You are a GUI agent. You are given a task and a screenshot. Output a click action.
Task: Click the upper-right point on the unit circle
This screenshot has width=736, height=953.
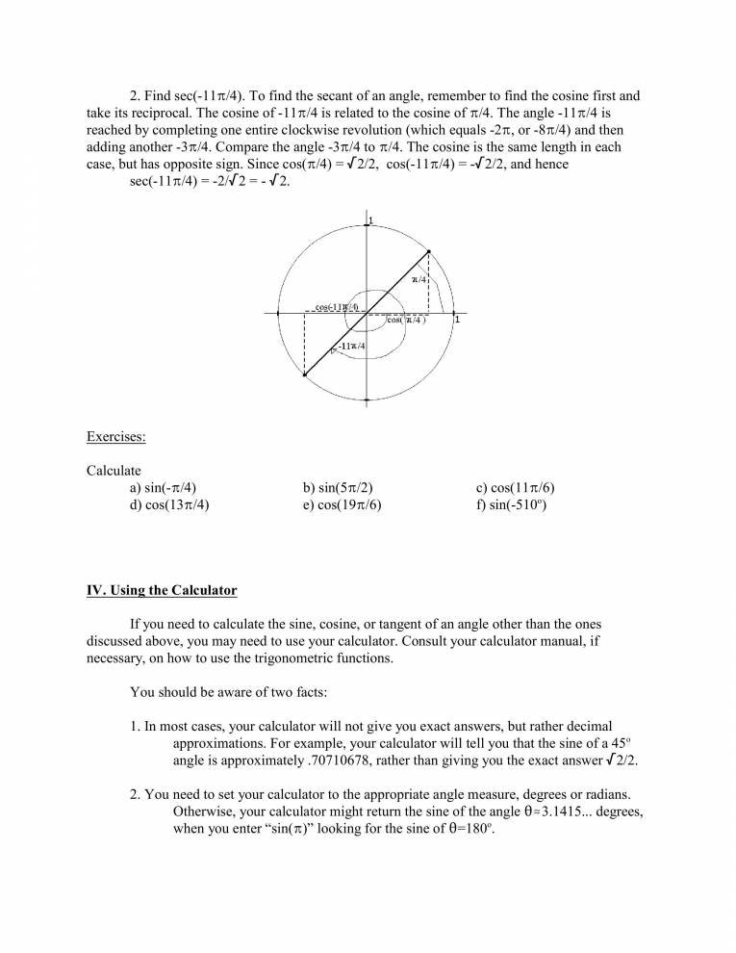pyautogui.click(x=428, y=251)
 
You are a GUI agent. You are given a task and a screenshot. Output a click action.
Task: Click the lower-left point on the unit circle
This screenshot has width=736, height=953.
pyautogui.click(x=304, y=376)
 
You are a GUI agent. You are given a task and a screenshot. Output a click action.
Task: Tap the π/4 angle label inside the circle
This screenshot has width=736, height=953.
pyautogui.click(x=419, y=279)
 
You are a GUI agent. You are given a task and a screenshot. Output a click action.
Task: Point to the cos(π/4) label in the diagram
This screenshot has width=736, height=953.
pyautogui.click(x=406, y=321)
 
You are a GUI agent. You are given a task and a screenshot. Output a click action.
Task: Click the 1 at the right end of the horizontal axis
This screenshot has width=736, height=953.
pyautogui.click(x=457, y=321)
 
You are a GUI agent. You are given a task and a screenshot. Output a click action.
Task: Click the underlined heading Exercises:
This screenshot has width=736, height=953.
pyautogui.click(x=116, y=437)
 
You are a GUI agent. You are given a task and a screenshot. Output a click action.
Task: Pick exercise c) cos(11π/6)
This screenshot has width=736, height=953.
pyautogui.click(x=516, y=487)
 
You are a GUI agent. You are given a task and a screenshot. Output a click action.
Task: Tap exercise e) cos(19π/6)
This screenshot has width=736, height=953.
pyautogui.click(x=342, y=503)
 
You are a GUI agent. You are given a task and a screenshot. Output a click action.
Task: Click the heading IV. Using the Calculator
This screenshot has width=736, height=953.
pyautogui.click(x=162, y=589)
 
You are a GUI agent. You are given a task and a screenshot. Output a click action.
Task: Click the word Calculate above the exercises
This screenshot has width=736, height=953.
pyautogui.click(x=114, y=470)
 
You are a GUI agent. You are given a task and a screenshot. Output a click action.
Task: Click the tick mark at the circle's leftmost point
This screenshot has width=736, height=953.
pyautogui.click(x=278, y=313)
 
